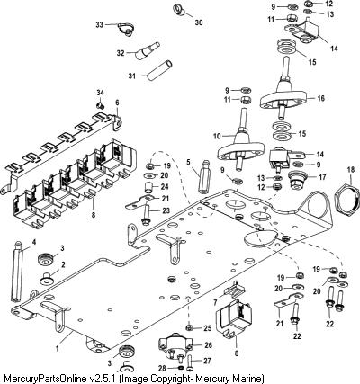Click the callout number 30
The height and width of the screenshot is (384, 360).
click(199, 22)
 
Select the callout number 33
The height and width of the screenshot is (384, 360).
click(99, 24)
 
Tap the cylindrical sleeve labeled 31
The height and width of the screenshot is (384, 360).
click(159, 70)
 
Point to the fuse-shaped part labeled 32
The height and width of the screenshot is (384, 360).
click(147, 51)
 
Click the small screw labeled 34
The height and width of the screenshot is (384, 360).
click(100, 105)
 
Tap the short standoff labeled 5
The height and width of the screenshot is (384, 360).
click(204, 178)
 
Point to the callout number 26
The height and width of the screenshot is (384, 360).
click(208, 345)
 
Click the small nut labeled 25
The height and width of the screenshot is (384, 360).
click(189, 326)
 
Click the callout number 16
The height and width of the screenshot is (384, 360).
click(320, 98)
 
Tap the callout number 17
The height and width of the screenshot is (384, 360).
click(322, 177)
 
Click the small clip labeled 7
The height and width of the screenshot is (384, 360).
click(234, 289)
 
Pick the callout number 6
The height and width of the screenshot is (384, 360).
click(117, 103)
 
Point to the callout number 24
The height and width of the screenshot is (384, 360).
click(165, 187)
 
